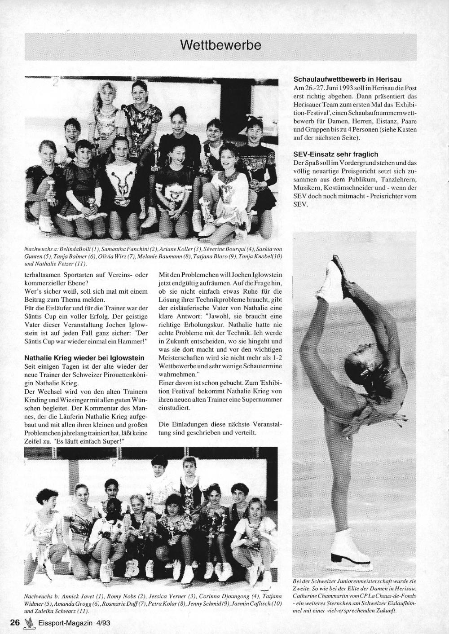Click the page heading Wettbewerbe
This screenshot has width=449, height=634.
point(220,45)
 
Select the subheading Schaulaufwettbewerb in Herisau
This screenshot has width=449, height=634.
point(344,79)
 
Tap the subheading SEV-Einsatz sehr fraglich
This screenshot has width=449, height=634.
point(335,154)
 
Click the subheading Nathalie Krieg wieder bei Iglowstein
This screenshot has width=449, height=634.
point(84,358)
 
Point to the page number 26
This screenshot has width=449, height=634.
point(14,622)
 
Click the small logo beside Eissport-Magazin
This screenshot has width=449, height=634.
point(29,622)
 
